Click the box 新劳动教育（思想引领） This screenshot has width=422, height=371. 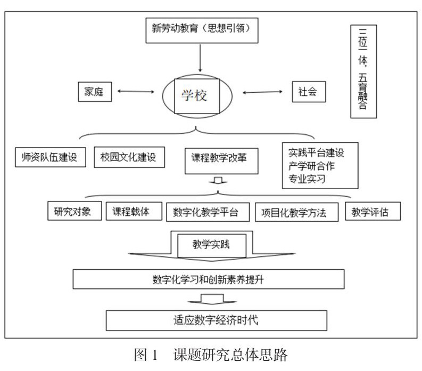pos(201,30)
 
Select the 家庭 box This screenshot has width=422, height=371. pos(95,92)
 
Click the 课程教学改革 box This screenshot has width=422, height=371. pos(218,158)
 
